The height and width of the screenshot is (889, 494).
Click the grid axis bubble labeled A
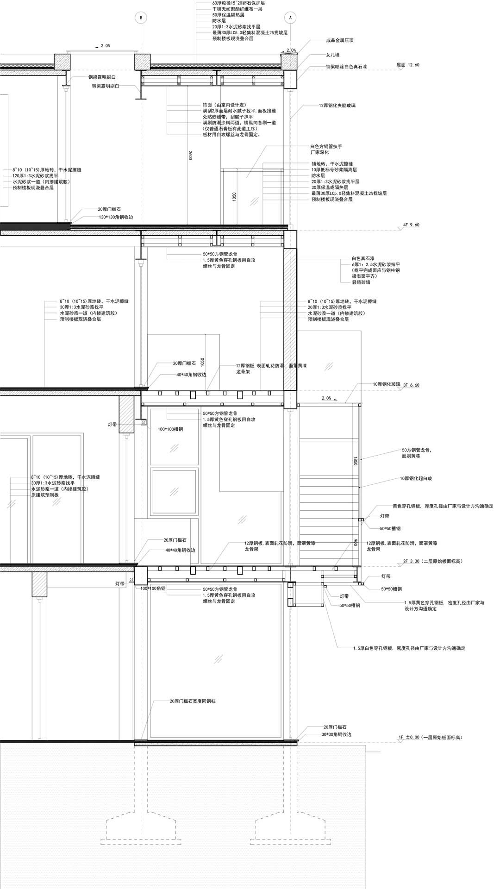tap(290, 18)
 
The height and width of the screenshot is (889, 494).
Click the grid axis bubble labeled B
tap(140, 18)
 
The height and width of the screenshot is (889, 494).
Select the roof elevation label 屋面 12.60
tap(407, 65)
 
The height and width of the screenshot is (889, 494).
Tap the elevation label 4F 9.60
tap(411, 225)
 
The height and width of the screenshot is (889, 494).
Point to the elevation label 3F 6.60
tap(411, 385)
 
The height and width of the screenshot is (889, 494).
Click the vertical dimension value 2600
tap(190, 156)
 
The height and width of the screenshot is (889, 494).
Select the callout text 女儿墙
tap(332, 55)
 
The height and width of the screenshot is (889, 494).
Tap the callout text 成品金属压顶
tap(339, 41)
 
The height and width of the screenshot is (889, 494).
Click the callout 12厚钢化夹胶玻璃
tap(337, 106)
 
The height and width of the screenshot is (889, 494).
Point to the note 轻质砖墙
tap(361, 282)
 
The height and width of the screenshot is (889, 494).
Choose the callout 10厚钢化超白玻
tap(416, 479)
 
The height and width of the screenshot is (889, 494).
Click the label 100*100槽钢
tap(170, 429)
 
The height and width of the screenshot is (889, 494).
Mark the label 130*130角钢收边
tap(116, 217)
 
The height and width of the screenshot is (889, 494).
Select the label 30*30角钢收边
tap(336, 734)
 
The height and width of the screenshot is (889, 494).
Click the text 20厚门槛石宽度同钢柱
tap(192, 701)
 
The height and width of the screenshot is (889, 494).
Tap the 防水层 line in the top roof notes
tap(219, 21)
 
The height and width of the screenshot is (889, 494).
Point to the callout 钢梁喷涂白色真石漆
tap(346, 67)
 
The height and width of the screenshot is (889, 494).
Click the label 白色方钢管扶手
tap(326, 146)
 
